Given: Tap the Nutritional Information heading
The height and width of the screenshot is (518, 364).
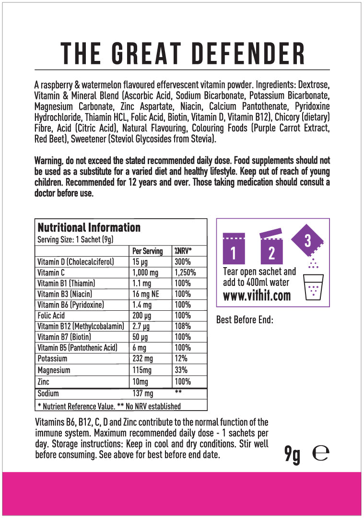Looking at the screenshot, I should tap(89, 227).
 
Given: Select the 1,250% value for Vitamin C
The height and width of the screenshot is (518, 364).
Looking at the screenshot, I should tap(185, 272).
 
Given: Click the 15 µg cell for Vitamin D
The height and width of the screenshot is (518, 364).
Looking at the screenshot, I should tap(140, 262).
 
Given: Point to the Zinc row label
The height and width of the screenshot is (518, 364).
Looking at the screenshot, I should tap(44, 382).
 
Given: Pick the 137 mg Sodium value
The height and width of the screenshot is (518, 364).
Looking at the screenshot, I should tap(143, 393).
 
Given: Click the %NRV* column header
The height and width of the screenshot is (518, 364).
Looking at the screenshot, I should tap(183, 251).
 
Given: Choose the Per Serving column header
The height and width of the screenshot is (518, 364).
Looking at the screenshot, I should tap(147, 251).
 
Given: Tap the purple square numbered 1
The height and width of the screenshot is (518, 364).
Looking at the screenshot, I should tap(234, 248).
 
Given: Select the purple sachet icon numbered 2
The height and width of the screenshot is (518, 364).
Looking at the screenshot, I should tap(271, 249).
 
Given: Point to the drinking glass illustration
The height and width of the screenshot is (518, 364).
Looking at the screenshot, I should tap(314, 287).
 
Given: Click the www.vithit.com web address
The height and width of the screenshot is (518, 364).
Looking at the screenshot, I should tap(257, 295).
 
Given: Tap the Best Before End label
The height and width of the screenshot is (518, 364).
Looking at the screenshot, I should tap(245, 319).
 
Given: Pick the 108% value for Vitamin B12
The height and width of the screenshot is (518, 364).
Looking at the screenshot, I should tap(183, 327).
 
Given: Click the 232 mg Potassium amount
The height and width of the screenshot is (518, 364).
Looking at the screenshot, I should tap(142, 358).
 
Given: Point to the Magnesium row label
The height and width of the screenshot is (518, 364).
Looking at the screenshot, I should tap(54, 370).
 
